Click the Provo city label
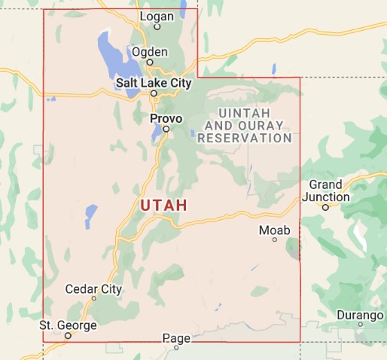(166, 118)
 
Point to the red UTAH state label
(163, 205)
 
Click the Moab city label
(274, 229)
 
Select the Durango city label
(360, 313)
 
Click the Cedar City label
(93, 288)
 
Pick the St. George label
(68, 325)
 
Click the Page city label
(177, 338)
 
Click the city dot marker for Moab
(275, 239)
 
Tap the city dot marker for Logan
(157, 26)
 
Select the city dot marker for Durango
(361, 325)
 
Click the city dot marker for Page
(177, 348)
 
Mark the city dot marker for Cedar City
(93, 299)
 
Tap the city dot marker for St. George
(68, 336)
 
